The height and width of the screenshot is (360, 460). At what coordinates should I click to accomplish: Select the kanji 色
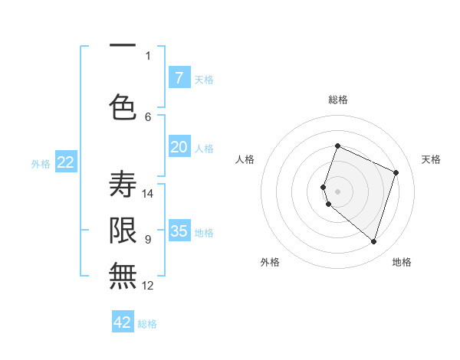click(123, 107)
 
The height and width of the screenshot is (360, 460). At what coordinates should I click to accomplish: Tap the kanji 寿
click(123, 184)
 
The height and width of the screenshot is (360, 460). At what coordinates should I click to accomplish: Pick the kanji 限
click(123, 230)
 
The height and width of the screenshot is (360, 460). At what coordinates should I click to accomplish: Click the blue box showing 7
click(179, 77)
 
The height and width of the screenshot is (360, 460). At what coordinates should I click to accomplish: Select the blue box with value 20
click(179, 147)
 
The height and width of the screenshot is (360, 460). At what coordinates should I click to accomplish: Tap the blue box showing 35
click(179, 231)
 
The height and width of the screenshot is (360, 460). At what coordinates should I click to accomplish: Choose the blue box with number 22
click(66, 162)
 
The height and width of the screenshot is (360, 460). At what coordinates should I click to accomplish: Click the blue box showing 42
click(123, 322)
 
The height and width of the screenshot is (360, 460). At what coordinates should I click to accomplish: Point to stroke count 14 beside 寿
click(148, 193)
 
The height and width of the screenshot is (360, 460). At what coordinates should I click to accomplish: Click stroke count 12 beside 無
click(148, 286)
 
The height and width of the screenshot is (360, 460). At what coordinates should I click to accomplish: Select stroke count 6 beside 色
click(148, 116)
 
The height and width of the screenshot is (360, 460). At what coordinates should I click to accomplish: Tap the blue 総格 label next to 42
click(147, 324)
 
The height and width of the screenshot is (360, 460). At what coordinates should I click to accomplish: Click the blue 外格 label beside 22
click(41, 163)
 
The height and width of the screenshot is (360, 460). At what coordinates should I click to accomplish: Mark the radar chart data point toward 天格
click(396, 172)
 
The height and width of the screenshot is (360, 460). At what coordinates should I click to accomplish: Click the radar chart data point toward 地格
click(373, 241)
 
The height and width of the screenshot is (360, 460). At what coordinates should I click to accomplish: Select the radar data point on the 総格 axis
click(337, 146)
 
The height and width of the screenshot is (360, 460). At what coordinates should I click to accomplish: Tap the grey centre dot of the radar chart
click(337, 191)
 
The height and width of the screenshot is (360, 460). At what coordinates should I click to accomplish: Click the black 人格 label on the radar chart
click(245, 159)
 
